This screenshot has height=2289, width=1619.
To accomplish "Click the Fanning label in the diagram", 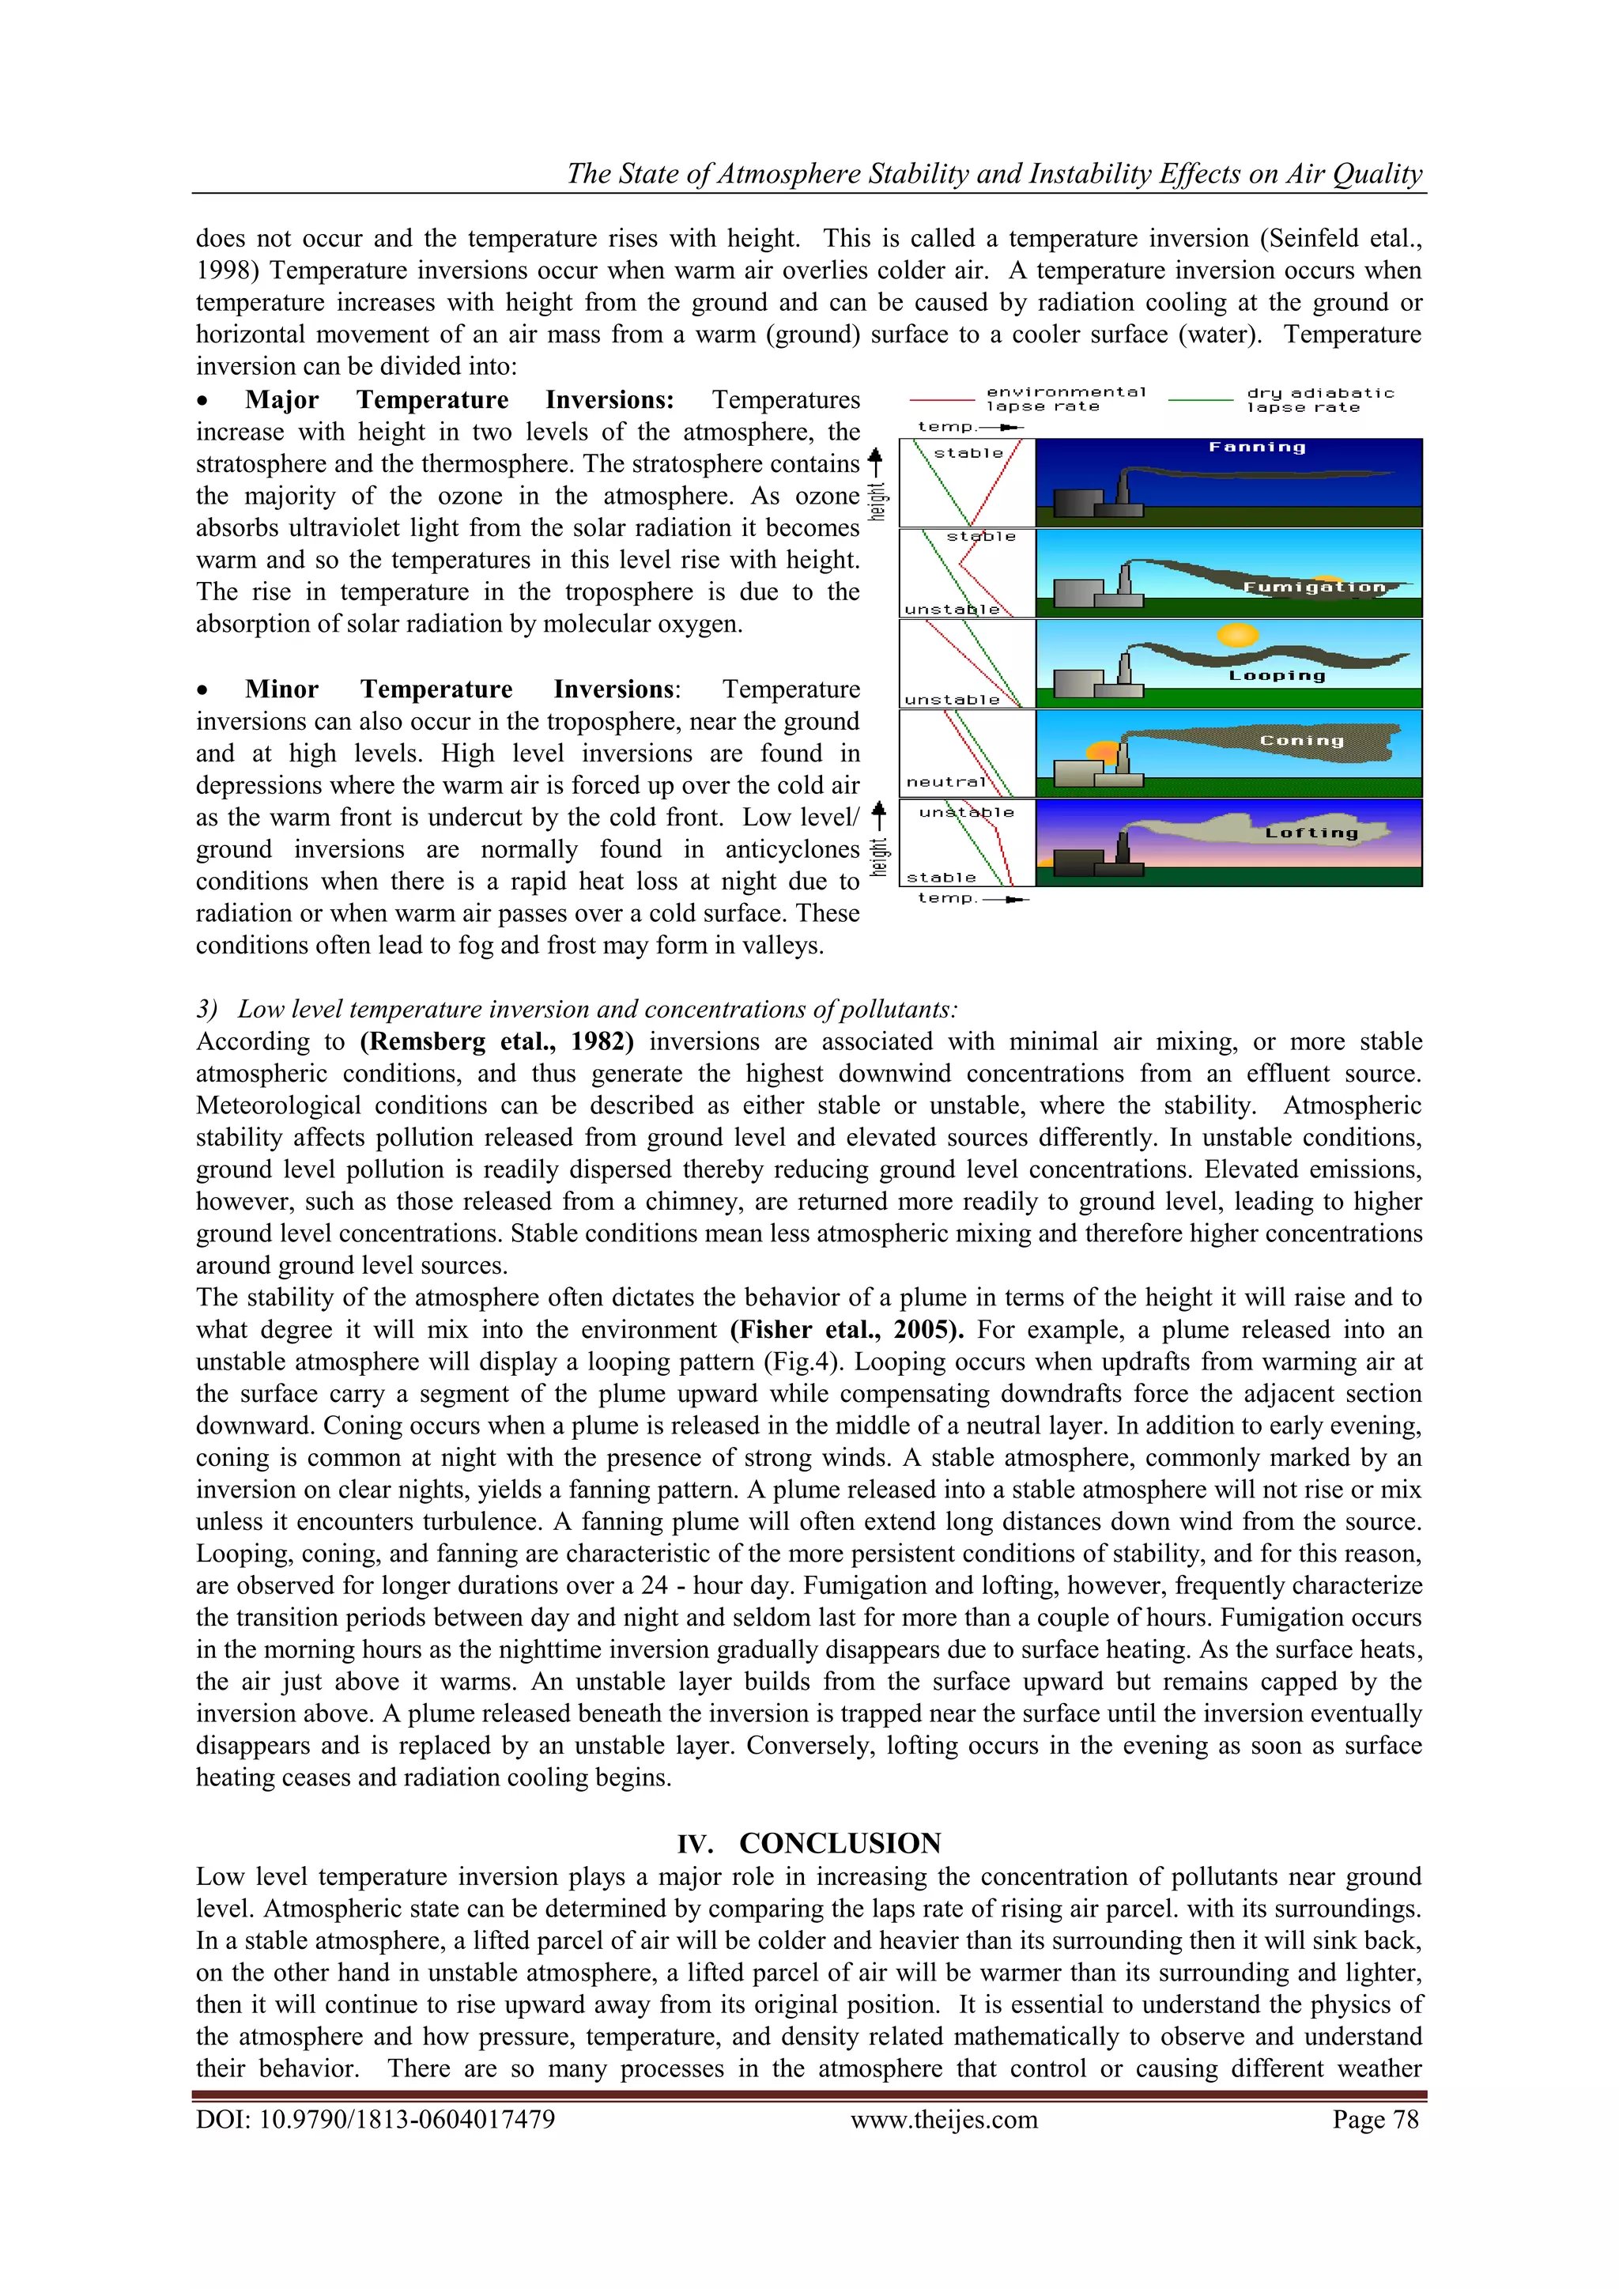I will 1256,448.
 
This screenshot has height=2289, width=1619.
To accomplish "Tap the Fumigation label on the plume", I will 1314,587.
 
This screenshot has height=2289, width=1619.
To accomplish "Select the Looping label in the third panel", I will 1277,676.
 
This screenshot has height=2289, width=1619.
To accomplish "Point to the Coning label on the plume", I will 1301,741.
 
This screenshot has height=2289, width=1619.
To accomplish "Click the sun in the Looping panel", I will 1237,634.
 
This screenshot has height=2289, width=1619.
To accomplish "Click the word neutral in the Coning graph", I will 945,782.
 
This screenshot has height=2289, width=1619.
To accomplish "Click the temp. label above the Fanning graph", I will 945,427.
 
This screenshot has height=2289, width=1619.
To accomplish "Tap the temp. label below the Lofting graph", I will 946,898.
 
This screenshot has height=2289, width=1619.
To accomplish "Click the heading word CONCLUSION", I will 840,1842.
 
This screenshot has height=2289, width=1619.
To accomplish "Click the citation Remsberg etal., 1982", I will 496,1042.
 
